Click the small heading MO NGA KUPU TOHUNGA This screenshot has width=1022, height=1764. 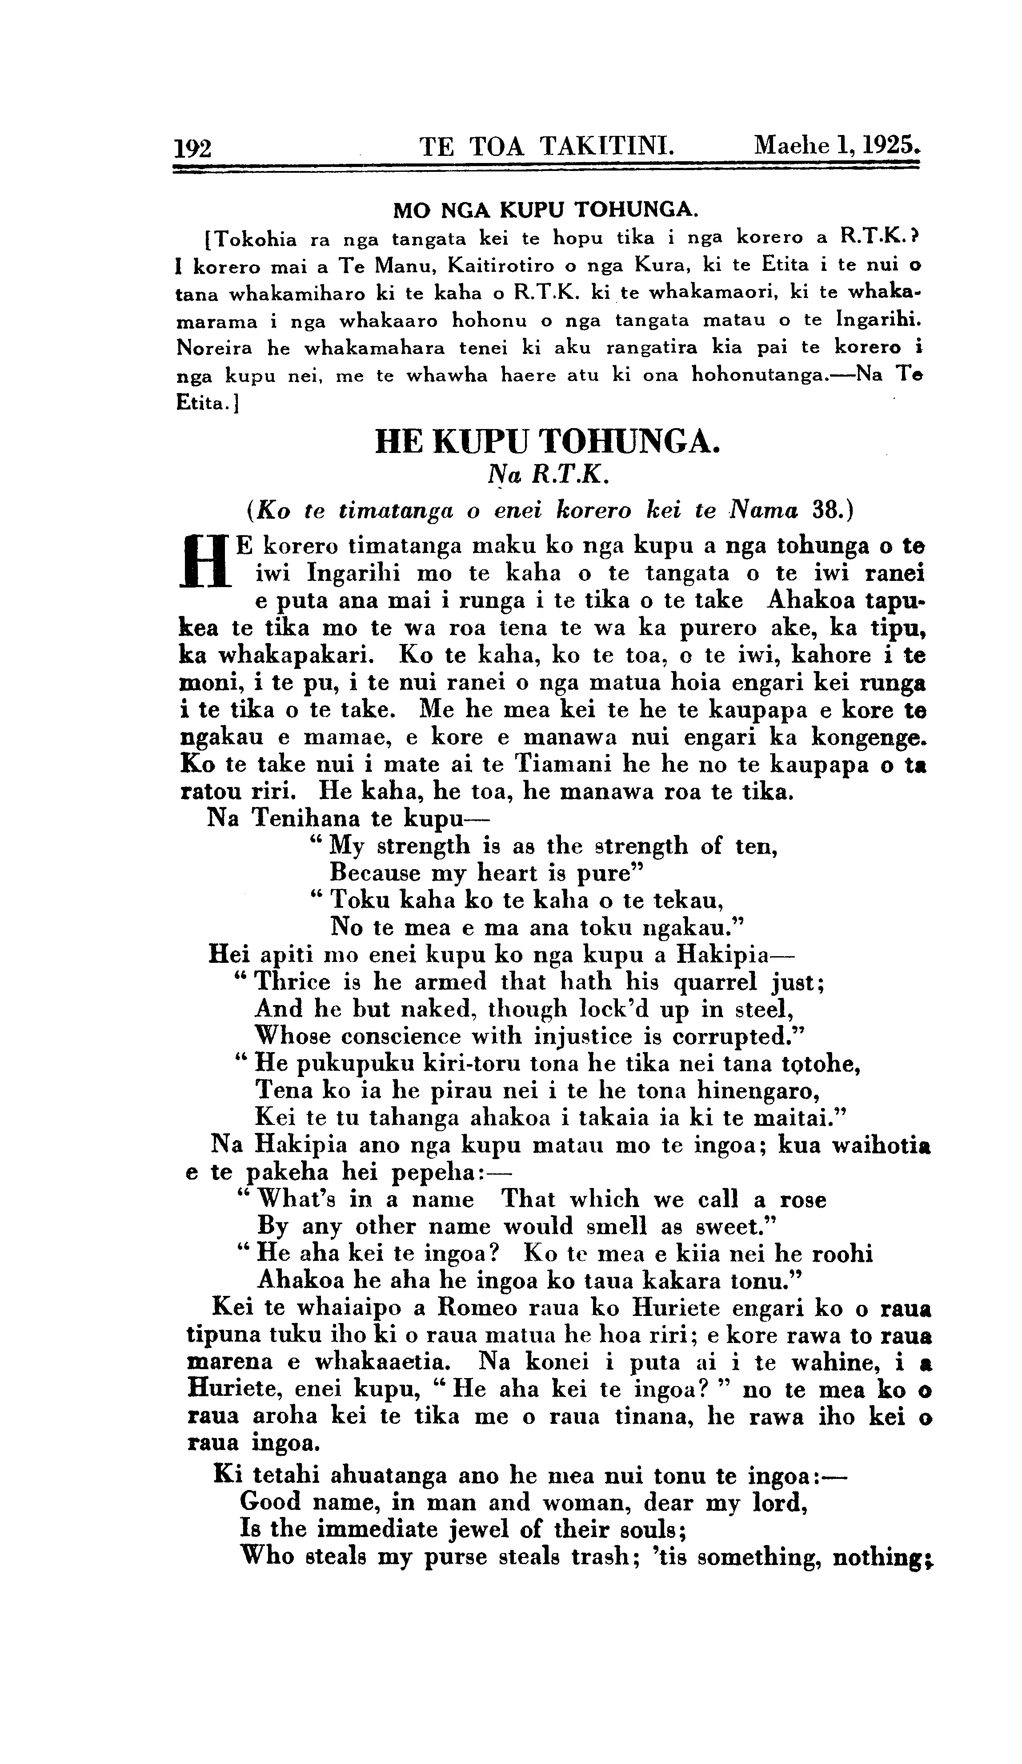point(545,209)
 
